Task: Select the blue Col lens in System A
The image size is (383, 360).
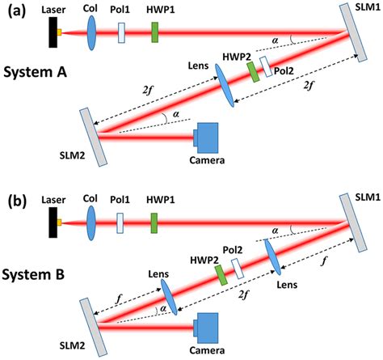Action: (89, 32)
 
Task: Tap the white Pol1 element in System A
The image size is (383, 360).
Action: (121, 32)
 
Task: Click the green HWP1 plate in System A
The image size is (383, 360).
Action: (154, 32)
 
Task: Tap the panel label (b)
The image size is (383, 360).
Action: (14, 197)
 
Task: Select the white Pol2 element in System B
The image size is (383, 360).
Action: (238, 268)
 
